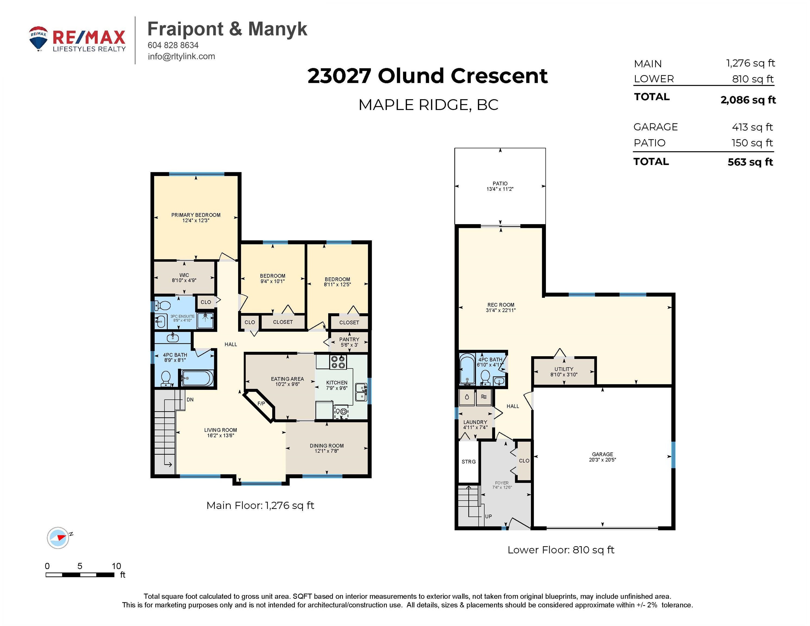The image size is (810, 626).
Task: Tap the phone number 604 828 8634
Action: pos(173,45)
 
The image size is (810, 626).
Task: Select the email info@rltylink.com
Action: pos(181,56)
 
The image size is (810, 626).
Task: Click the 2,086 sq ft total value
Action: pos(748,100)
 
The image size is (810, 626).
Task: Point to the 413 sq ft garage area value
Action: pos(752,127)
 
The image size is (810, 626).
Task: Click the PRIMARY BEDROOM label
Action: pos(196,215)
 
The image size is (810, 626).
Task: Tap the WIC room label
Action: pos(184,275)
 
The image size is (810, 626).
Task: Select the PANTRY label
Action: pos(349,339)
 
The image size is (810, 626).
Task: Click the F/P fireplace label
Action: pos(261,403)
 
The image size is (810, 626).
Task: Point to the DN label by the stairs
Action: pos(190,400)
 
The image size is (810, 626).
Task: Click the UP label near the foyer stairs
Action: pos(489,517)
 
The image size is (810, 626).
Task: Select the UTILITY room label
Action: pos(564,369)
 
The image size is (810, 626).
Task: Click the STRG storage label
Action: pos(468,462)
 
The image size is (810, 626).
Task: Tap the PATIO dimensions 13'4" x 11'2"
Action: pos(500,189)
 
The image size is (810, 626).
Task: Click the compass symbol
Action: pos(58,538)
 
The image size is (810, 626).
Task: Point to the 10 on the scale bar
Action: pos(117,566)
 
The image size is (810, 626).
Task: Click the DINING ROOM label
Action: pos(327,446)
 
